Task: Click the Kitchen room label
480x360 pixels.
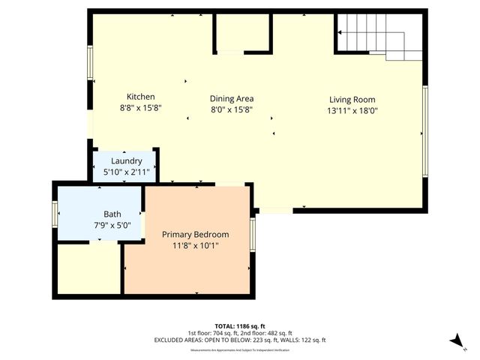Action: (x=140, y=97)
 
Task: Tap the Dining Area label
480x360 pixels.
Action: (x=231, y=98)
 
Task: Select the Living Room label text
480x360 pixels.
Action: (x=352, y=100)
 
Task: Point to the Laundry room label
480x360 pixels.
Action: (x=126, y=161)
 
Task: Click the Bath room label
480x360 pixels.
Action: (x=102, y=213)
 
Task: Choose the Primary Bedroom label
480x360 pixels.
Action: (x=195, y=234)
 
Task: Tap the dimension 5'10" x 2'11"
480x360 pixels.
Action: (x=126, y=172)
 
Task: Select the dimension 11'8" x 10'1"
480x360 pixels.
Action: (x=195, y=244)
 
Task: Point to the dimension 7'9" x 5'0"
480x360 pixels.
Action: (x=102, y=223)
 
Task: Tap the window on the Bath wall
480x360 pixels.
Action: (x=55, y=213)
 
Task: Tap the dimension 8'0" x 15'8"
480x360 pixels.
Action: (x=231, y=109)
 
